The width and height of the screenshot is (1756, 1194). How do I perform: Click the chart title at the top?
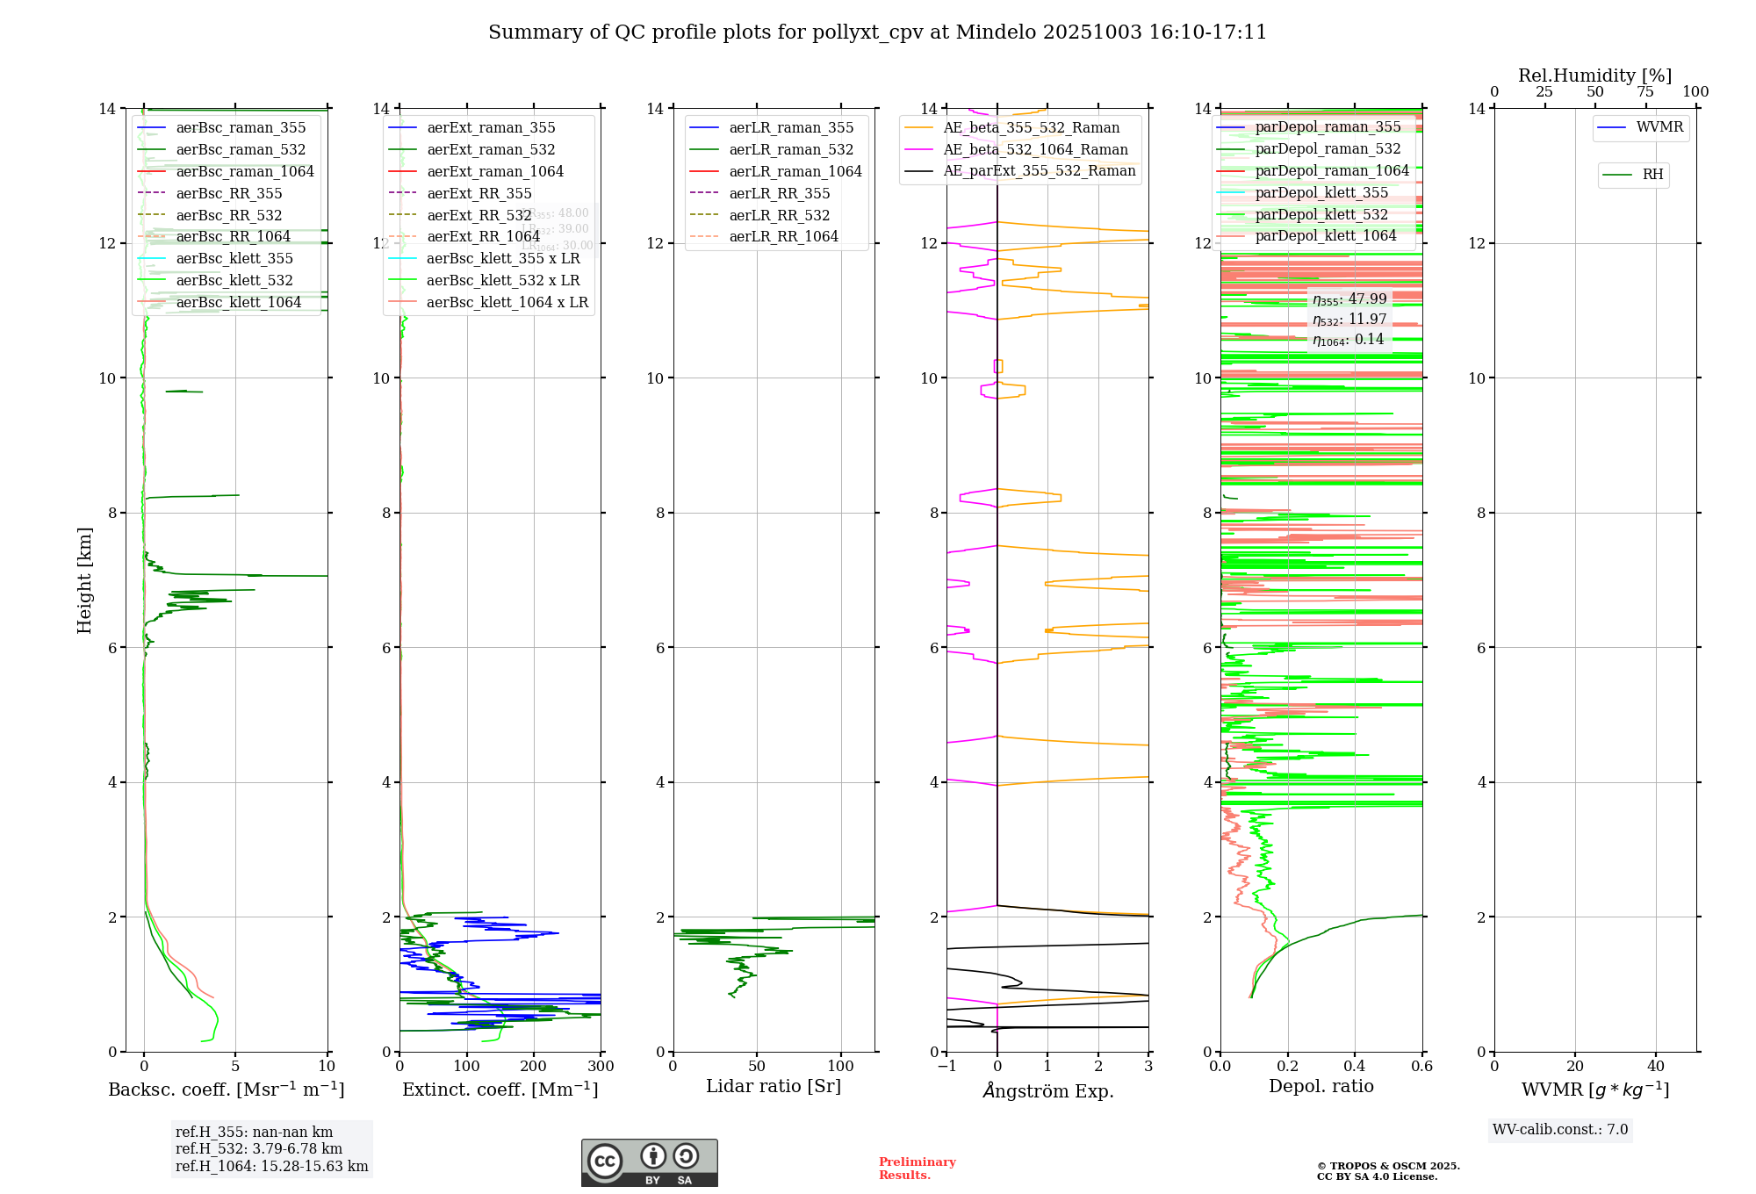[877, 32]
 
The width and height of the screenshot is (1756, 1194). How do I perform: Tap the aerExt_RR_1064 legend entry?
[483, 237]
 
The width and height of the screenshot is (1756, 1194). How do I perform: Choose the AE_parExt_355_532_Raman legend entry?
[1040, 171]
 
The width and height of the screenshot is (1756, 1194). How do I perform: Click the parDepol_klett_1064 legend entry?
[1325, 236]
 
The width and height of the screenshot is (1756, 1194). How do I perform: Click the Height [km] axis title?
[84, 580]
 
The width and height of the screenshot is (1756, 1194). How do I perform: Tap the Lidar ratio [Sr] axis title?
[774, 1087]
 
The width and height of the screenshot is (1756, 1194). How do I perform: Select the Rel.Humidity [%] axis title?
[1594, 76]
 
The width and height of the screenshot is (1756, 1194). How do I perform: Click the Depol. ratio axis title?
[1321, 1087]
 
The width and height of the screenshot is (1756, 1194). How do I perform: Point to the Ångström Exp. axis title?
[1047, 1091]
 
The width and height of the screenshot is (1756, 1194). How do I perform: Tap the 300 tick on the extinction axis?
[601, 1067]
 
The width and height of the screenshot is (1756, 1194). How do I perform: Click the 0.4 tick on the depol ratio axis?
[1355, 1067]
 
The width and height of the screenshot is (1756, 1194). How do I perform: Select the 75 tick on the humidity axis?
[1644, 92]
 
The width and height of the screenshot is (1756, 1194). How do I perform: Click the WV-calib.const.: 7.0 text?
[1560, 1130]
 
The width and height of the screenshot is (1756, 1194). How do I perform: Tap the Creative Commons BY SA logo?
[649, 1163]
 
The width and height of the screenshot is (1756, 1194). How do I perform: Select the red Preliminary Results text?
[917, 1169]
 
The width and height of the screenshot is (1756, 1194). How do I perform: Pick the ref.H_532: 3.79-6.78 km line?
[259, 1149]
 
